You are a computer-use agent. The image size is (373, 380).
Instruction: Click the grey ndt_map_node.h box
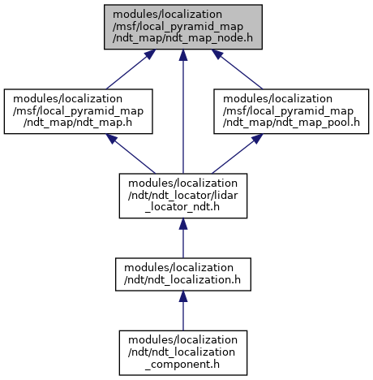tap(183, 27)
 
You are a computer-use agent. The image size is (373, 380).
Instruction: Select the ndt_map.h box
tap(78, 111)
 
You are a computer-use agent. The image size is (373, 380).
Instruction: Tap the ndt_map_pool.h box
tap(291, 111)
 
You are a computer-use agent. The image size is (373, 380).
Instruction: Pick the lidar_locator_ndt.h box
tap(183, 196)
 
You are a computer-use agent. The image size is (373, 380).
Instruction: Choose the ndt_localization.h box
tap(183, 274)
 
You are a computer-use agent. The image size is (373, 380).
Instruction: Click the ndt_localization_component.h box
tap(183, 352)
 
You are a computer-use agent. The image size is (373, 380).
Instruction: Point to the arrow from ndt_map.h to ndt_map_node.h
tap(131, 69)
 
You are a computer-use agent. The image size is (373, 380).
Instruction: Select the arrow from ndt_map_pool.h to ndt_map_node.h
tap(237, 69)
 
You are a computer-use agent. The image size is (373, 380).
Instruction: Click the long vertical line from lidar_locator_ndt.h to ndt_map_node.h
tap(183, 111)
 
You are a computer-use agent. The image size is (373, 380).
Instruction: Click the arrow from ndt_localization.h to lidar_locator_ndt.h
tap(183, 238)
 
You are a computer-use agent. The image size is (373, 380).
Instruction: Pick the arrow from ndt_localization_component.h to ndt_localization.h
tap(183, 311)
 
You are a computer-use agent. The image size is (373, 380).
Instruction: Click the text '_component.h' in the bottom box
tap(182, 365)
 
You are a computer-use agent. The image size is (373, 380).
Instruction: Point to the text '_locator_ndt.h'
tap(182, 207)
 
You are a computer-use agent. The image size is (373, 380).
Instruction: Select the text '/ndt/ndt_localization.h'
tap(182, 280)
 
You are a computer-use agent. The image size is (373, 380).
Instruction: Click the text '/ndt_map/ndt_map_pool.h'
tap(291, 123)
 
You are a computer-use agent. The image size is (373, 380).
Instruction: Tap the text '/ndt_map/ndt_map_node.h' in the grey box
tap(182, 38)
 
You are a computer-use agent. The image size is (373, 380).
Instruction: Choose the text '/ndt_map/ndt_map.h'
tap(78, 123)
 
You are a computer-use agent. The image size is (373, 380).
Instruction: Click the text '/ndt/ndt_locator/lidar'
tap(182, 195)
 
